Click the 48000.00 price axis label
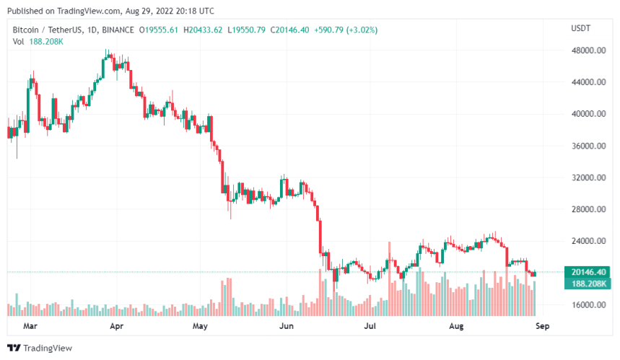588,51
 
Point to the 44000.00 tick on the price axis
588,82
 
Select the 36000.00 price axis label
588,146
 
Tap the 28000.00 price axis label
588,209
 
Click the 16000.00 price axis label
588,304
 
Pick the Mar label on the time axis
31,325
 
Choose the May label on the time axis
200,325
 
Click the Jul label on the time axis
371,325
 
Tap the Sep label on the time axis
543,325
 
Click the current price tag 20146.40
589,272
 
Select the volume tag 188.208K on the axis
589,284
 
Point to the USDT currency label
581,28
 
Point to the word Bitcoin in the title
27,30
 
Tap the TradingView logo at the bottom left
43,348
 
